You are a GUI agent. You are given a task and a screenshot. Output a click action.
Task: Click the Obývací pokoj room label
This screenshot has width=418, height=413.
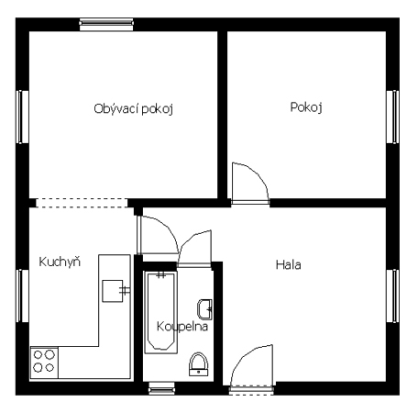click(134, 109)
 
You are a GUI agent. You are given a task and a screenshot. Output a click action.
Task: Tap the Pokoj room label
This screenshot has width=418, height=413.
click(306, 107)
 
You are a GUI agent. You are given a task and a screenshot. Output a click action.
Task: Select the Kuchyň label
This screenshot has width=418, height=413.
click(60, 262)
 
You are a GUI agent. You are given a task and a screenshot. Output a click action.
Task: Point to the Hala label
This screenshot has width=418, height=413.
click(288, 264)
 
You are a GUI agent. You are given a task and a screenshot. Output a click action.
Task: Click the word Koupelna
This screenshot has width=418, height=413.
click(182, 327)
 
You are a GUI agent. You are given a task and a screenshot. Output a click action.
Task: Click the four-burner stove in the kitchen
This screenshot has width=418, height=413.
click(44, 362)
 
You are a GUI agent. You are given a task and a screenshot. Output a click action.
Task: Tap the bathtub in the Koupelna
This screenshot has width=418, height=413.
click(160, 312)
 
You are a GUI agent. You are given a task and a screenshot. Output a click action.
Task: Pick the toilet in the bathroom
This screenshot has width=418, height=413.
click(199, 364)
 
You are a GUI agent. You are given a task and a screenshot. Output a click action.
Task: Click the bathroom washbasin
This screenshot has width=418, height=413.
click(204, 309)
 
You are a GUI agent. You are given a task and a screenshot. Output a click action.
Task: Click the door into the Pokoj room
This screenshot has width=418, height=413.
click(250, 184)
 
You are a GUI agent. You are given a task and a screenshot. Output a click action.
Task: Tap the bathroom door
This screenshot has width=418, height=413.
click(194, 250)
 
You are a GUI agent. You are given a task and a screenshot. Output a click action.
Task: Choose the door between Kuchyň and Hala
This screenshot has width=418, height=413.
click(157, 236)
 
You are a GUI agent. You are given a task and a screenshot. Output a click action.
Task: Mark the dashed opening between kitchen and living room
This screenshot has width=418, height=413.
click(82, 203)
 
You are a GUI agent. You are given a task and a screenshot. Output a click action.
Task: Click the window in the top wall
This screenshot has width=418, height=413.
click(106, 25)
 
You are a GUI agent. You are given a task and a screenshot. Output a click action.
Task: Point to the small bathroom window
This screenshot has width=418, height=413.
click(161, 388)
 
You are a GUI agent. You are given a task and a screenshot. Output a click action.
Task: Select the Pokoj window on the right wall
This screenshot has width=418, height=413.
click(393, 117)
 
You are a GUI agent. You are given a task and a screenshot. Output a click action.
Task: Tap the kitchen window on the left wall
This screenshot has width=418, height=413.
click(22, 296)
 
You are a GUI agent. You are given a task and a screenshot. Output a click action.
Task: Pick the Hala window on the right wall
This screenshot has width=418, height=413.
click(393, 296)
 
